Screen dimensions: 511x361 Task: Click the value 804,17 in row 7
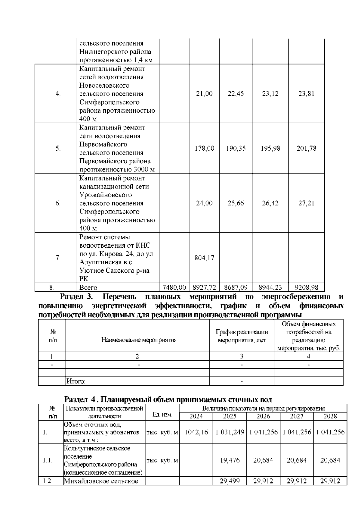pyautogui.click(x=204, y=258)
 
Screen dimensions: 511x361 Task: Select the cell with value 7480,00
pyautogui.click(x=174, y=287)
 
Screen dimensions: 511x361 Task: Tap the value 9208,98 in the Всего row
pyautogui.click(x=306, y=287)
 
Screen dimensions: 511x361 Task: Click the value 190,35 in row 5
pyautogui.click(x=236, y=148)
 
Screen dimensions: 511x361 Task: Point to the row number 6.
pyautogui.click(x=58, y=203)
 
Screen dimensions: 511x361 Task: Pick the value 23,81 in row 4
pyautogui.click(x=306, y=93)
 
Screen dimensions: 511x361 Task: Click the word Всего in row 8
pyautogui.click(x=88, y=287)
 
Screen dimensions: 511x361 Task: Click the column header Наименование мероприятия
pyautogui.click(x=139, y=340)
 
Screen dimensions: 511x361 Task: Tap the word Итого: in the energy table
pyautogui.click(x=76, y=381)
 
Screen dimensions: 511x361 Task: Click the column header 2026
pyautogui.click(x=263, y=416)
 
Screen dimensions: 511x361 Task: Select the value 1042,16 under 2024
pyautogui.click(x=196, y=432)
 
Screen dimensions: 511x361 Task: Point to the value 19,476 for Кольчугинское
pyautogui.click(x=230, y=460)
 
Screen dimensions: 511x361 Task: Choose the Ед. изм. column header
pyautogui.click(x=162, y=415)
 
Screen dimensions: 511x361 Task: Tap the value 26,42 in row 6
pyautogui.click(x=270, y=203)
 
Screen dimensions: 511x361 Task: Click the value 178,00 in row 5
pyautogui.click(x=204, y=148)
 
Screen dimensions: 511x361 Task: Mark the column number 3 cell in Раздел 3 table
pyautogui.click(x=242, y=356)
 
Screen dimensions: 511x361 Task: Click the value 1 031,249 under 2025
pyautogui.click(x=230, y=432)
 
